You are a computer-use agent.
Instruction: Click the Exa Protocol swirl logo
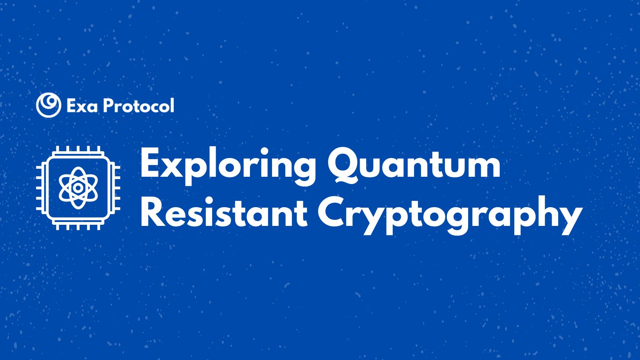(48, 105)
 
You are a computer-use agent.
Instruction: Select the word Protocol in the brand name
(139, 106)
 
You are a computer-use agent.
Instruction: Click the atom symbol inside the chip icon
(78, 187)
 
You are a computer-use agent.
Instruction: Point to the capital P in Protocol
(109, 106)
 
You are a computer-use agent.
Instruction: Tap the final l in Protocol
(172, 105)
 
